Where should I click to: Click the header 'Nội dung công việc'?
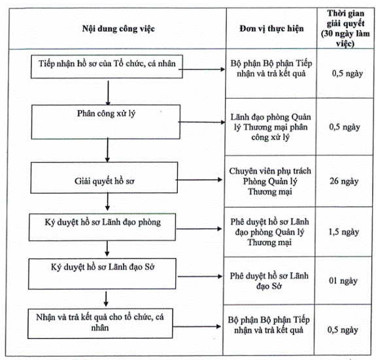tap(118, 29)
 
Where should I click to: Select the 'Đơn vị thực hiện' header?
tap(271, 29)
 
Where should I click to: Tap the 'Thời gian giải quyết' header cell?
tap(345, 28)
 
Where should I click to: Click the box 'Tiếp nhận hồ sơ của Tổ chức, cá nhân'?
tap(107, 67)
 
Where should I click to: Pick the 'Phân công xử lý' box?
tap(106, 122)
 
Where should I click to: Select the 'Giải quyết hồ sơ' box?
tap(104, 177)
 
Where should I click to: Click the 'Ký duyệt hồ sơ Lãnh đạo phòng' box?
tap(103, 227)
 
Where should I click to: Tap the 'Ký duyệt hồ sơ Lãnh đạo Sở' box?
tap(102, 274)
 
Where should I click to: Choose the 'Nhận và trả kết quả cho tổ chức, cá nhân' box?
tap(100, 323)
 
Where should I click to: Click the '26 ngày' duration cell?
tap(344, 181)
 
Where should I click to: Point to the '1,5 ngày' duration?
tap(343, 232)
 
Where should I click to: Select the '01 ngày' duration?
tap(343, 281)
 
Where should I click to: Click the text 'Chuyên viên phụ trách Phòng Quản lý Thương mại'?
tap(270, 181)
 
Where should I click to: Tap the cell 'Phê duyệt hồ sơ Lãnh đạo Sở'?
tap(269, 281)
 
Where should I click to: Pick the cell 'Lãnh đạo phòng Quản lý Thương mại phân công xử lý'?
tap(271, 127)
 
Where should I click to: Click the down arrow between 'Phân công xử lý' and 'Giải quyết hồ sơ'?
tap(107, 150)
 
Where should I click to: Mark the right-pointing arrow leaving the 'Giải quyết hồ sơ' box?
tap(199, 180)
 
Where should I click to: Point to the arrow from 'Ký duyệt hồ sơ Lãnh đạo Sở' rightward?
tap(200, 276)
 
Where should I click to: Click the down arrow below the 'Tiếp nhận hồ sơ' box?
tap(108, 93)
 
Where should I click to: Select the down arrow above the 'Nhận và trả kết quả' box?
tap(106, 298)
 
